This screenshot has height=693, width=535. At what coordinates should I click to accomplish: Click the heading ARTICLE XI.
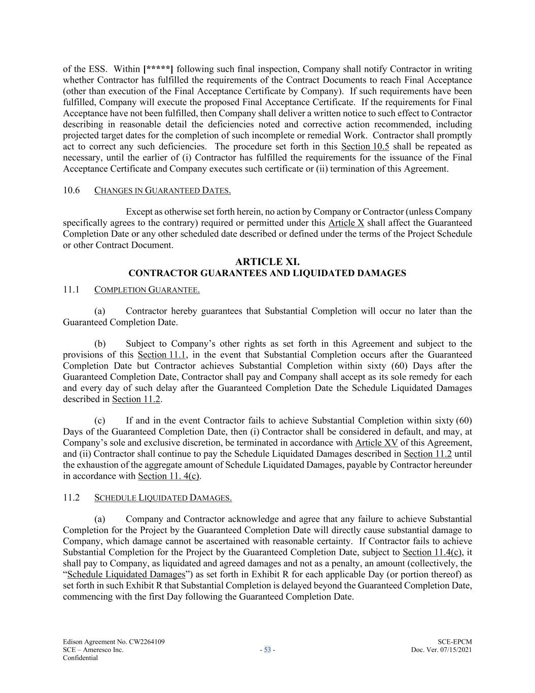pos(267,262)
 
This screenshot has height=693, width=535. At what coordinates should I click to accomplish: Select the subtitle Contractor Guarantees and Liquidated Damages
pos(267,273)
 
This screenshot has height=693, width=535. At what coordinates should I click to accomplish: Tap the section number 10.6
pos(72,190)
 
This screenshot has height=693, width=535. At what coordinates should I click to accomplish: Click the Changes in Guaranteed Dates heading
pos(162,191)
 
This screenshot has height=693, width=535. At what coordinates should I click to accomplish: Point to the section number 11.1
pos(72,290)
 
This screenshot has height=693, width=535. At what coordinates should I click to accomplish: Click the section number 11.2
pos(72,498)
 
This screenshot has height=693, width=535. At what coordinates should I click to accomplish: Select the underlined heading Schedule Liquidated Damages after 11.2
pos(163,498)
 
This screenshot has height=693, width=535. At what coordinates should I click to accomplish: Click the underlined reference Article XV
pos(376,443)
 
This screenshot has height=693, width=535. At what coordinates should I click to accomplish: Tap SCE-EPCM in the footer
pos(454,642)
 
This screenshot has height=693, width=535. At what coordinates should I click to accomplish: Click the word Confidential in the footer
pos(80,657)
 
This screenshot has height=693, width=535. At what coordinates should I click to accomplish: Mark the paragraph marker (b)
pos(100,344)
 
